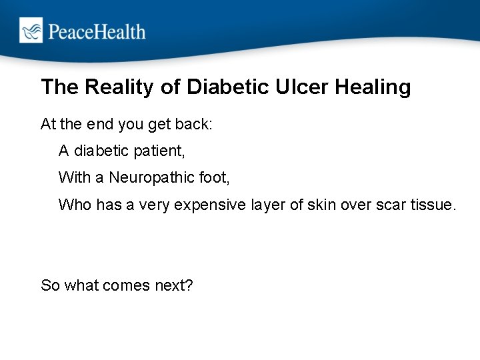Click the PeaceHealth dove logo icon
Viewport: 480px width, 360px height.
coord(31,31)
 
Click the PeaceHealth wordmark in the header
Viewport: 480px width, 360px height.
coord(95,31)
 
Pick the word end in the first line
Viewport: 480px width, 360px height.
coord(96,125)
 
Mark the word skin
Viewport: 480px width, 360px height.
coord(325,205)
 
